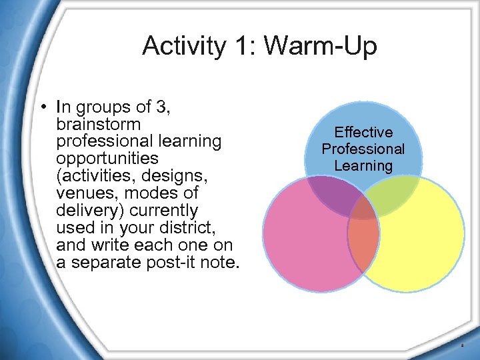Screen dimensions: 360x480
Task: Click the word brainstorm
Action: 99,125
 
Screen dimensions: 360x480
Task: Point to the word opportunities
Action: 107,159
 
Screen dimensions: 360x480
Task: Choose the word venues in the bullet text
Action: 83,193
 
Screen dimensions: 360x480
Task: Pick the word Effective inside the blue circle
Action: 363,133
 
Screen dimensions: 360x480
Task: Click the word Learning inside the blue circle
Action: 363,165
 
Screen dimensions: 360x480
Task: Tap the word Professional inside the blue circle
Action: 363,149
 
